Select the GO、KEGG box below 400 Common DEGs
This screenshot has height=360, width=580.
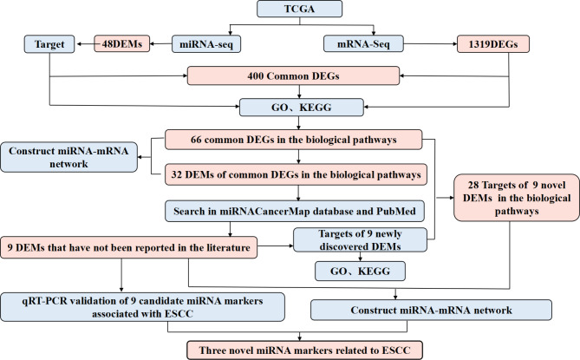[290, 109]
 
